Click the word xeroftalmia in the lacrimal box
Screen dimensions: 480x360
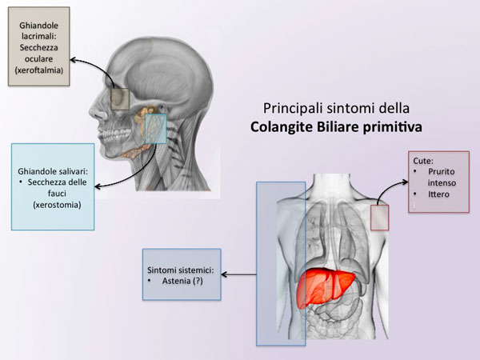pyautogui.click(x=39, y=70)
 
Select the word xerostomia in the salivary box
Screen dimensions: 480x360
pyautogui.click(x=58, y=205)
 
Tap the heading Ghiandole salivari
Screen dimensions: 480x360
pyautogui.click(x=53, y=171)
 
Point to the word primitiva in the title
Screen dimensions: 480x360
pyautogui.click(x=393, y=127)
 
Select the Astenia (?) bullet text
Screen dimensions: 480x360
pyautogui.click(x=182, y=281)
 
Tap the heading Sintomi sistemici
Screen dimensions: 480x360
pyautogui.click(x=181, y=270)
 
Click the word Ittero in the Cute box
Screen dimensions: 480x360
pyautogui.click(x=438, y=194)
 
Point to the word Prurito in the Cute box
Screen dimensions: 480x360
pyautogui.click(x=441, y=171)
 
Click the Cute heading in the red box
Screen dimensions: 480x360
pyautogui.click(x=423, y=161)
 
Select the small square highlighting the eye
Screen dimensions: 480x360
pyautogui.click(x=120, y=99)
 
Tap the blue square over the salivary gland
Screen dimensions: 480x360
pyautogui.click(x=156, y=129)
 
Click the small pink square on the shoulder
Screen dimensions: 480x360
pyautogui.click(x=379, y=218)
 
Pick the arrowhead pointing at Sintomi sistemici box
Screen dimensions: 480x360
pyautogui.click(x=224, y=274)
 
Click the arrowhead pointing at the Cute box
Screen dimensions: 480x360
pyautogui.click(x=405, y=182)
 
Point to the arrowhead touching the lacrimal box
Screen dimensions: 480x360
pyautogui.click(x=74, y=60)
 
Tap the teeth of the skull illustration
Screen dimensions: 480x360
pyautogui.click(x=114, y=136)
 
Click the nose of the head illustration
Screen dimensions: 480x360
pyautogui.click(x=98, y=113)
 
